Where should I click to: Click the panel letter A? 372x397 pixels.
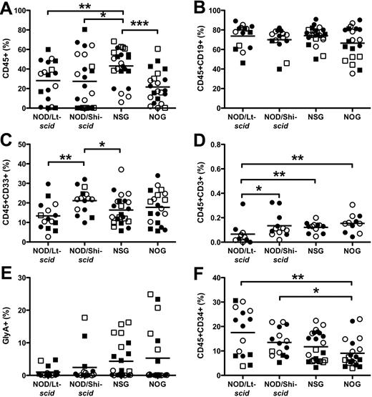click(6, 7)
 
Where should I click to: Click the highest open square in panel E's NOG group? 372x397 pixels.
click(150, 294)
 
